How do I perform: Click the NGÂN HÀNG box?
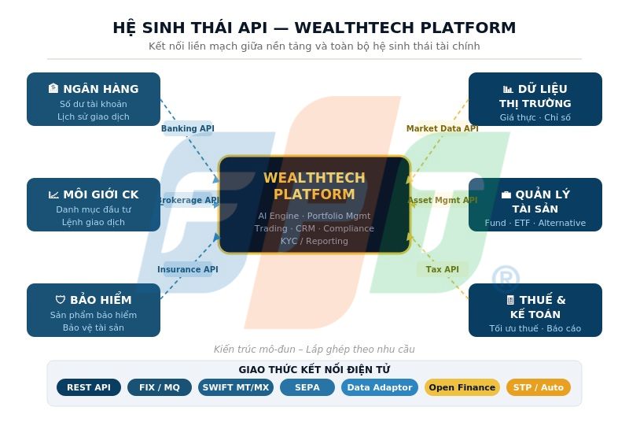coord(94,99)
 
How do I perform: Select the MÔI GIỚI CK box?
coord(94,205)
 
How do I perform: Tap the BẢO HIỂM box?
coord(94,310)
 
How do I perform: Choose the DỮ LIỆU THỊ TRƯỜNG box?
coord(535,99)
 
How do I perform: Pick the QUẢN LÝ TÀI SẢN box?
coord(535,205)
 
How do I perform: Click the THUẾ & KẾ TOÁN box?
coord(535,310)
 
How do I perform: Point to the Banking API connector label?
coord(187,128)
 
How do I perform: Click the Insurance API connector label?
coord(187,269)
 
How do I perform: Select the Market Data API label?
coord(442,128)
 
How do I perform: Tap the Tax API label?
coord(442,269)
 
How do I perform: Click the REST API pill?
coord(89,387)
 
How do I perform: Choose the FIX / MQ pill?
coord(160,387)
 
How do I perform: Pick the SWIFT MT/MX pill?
coord(235,387)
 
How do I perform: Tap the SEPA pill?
coord(307,387)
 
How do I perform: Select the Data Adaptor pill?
coord(379,387)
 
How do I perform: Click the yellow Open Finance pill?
coord(462,387)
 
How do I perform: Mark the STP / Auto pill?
coord(538,387)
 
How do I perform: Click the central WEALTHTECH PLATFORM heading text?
coord(314,187)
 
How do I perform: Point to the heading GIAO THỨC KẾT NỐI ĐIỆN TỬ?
coord(314,369)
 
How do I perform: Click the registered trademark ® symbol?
coord(506,279)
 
